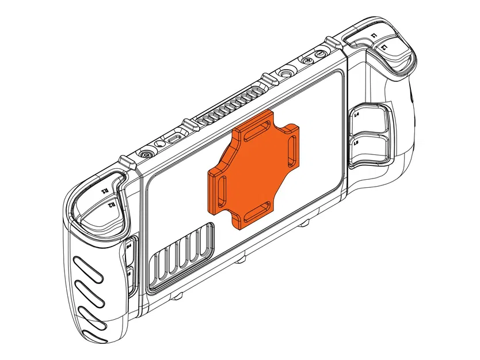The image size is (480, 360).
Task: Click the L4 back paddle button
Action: [x=368, y=119]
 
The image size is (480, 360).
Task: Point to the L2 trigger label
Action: [x=384, y=50]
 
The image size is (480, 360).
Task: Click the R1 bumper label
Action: [x=105, y=190]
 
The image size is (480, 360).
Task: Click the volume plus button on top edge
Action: [x=310, y=59]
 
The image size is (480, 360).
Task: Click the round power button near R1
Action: [x=146, y=155]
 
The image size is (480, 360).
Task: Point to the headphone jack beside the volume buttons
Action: [x=285, y=73]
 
